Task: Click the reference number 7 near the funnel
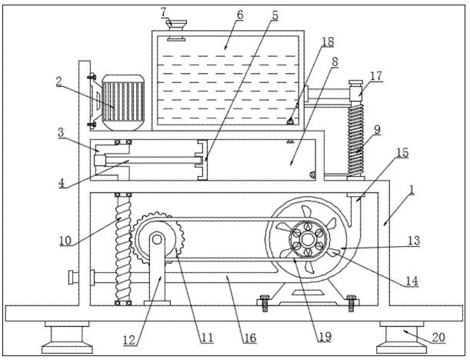pyautogui.click(x=163, y=13)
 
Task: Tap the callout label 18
pyautogui.click(x=328, y=42)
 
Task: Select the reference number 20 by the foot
pyautogui.click(x=438, y=338)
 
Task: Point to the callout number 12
pyautogui.click(x=129, y=340)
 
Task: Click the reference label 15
pyautogui.click(x=402, y=152)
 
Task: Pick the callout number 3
pyautogui.click(x=61, y=132)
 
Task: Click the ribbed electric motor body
pyautogui.click(x=123, y=103)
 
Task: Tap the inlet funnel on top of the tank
pyautogui.click(x=176, y=25)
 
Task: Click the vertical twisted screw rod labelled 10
pyautogui.click(x=123, y=247)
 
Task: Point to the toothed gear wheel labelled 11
pyautogui.click(x=157, y=238)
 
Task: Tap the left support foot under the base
pyautogui.click(x=67, y=337)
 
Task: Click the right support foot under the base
pyautogui.click(x=402, y=337)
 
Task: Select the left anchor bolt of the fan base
pyautogui.click(x=265, y=303)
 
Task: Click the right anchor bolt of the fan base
pyautogui.click(x=352, y=303)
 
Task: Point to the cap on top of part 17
pyautogui.click(x=356, y=82)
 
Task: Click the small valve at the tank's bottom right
pyautogui.click(x=290, y=121)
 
